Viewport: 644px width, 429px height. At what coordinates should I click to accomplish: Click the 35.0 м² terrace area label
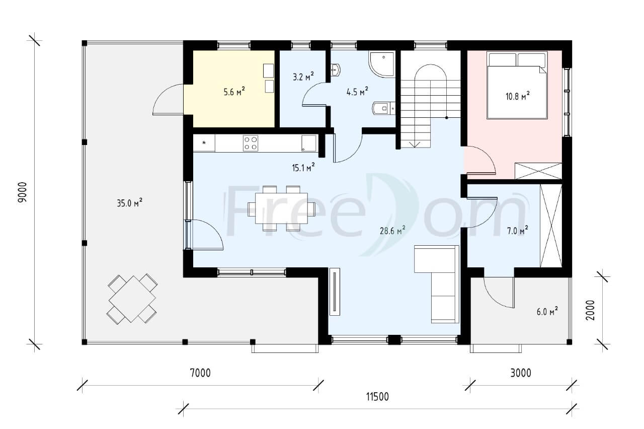pyautogui.click(x=130, y=203)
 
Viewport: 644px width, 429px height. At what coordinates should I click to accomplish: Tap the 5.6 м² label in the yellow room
pyautogui.click(x=234, y=92)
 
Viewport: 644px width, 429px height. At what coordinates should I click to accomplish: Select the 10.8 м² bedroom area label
pyautogui.click(x=518, y=96)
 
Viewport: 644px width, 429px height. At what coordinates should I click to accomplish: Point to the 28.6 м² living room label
pyautogui.click(x=393, y=230)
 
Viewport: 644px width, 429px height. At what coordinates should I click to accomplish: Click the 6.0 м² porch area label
pyautogui.click(x=547, y=312)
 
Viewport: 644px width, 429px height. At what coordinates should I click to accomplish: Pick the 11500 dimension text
pyautogui.click(x=377, y=397)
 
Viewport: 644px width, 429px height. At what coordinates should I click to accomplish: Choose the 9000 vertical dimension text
pyautogui.click(x=23, y=192)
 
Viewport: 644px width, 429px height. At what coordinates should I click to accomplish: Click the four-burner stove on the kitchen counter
pyautogui.click(x=251, y=143)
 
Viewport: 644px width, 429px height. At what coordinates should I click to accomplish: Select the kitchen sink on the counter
pyautogui.click(x=309, y=143)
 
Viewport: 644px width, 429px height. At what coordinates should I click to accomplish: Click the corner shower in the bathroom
pyautogui.click(x=382, y=64)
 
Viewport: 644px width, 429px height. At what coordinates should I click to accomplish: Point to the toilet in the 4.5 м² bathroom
pyautogui.click(x=384, y=108)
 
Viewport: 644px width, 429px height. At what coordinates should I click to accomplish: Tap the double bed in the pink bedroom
pyautogui.click(x=517, y=85)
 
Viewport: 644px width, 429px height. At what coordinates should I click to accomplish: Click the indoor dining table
pyautogui.click(x=281, y=208)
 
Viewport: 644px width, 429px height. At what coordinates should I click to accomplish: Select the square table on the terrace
pyautogui.click(x=132, y=299)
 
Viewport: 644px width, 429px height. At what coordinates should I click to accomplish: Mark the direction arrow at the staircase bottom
pyautogui.click(x=414, y=145)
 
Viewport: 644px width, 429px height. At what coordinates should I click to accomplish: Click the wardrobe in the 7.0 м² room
pyautogui.click(x=551, y=226)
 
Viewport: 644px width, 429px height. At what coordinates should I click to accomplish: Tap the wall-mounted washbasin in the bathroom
pyautogui.click(x=336, y=69)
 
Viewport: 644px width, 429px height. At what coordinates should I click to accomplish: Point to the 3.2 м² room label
pyautogui.click(x=303, y=77)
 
